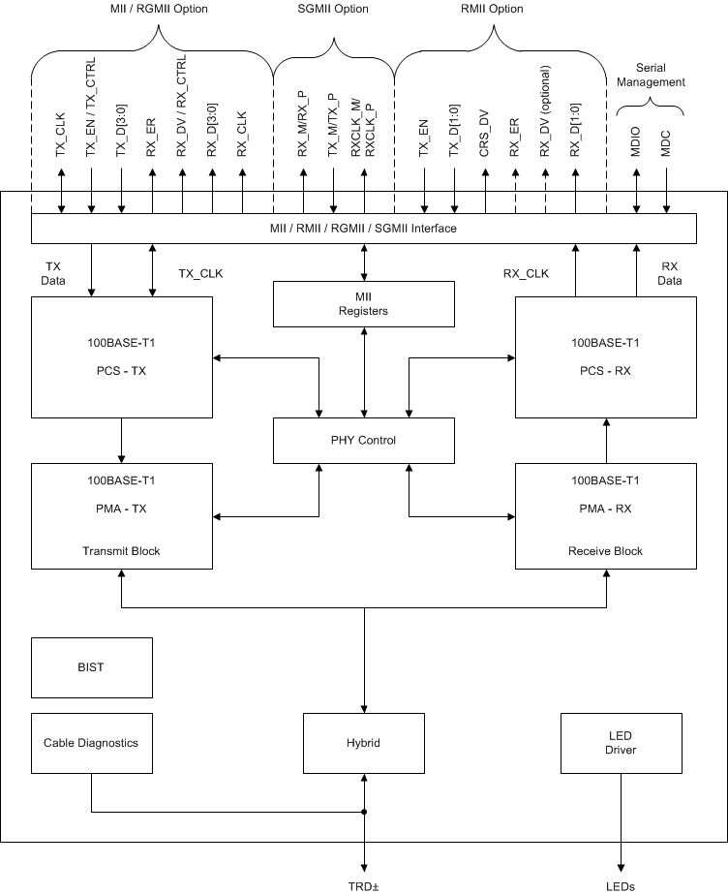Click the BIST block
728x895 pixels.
[92, 667]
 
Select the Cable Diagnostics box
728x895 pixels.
[92, 743]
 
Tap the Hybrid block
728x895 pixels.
[364, 743]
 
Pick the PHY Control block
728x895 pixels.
[364, 440]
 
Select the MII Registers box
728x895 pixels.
[364, 304]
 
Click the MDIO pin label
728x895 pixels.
[636, 144]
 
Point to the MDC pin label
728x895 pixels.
[666, 146]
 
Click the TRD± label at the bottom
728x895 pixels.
[364, 884]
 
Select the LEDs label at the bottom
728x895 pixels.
[621, 884]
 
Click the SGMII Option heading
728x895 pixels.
[333, 9]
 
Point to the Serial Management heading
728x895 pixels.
[651, 76]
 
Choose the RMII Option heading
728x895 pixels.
[490, 9]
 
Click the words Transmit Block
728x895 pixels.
[121, 550]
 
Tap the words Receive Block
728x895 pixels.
[606, 550]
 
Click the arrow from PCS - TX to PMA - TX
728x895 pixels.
[121, 441]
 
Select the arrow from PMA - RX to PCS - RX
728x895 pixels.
[606, 441]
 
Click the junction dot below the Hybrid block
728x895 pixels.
[364, 812]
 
